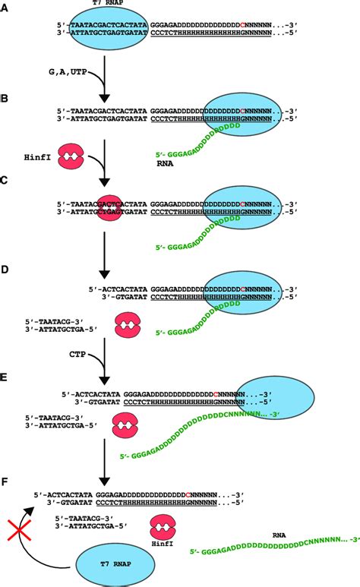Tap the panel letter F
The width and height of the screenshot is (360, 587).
pyautogui.click(x=6, y=482)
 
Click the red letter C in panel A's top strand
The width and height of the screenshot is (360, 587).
pyautogui.click(x=242, y=25)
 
